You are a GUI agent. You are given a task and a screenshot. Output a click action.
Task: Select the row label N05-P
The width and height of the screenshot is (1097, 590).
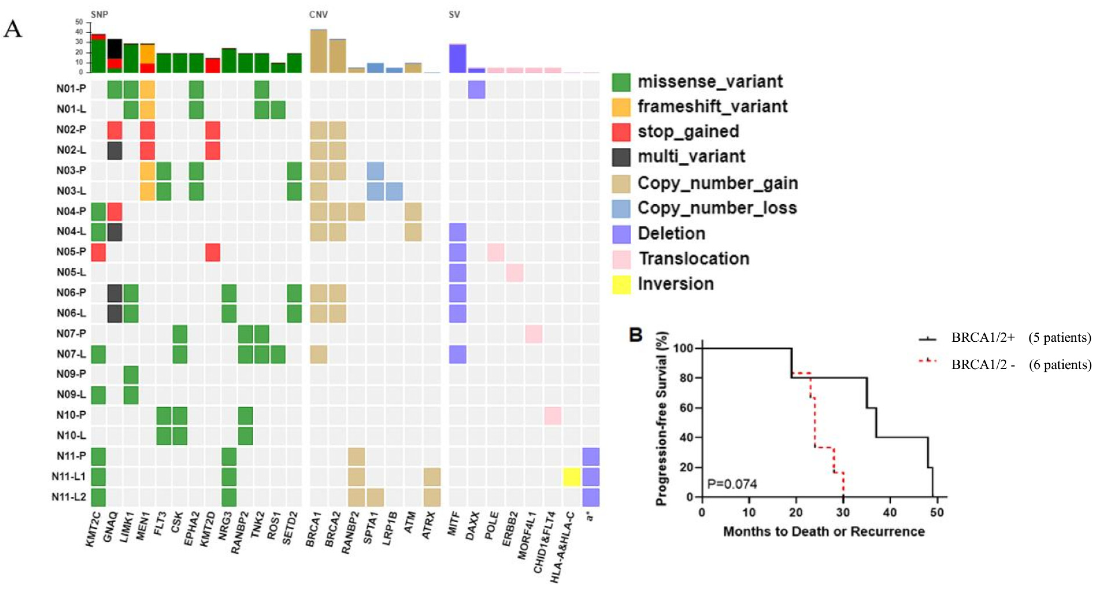pos(71,252)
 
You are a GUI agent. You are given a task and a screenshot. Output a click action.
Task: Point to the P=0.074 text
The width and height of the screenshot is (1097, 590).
pos(732,484)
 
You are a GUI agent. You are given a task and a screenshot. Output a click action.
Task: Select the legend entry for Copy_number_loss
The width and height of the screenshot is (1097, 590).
pos(717,208)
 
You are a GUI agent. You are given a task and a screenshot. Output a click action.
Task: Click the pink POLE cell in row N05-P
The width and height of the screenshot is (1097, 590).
pos(496,252)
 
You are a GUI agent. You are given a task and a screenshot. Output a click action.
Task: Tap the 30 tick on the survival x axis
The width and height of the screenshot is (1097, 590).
pos(843,512)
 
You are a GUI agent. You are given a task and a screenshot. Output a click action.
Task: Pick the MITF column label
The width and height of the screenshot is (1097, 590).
pos(453,524)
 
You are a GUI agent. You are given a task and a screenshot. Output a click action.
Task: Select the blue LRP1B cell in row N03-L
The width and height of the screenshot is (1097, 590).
pos(394,191)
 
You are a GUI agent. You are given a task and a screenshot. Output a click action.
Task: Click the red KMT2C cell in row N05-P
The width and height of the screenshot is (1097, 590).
pos(98,252)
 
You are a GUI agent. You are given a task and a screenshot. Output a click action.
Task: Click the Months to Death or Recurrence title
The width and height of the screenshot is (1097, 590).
pos(824,532)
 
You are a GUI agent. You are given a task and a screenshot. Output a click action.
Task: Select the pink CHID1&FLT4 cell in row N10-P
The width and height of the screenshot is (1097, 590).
pos(552,415)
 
